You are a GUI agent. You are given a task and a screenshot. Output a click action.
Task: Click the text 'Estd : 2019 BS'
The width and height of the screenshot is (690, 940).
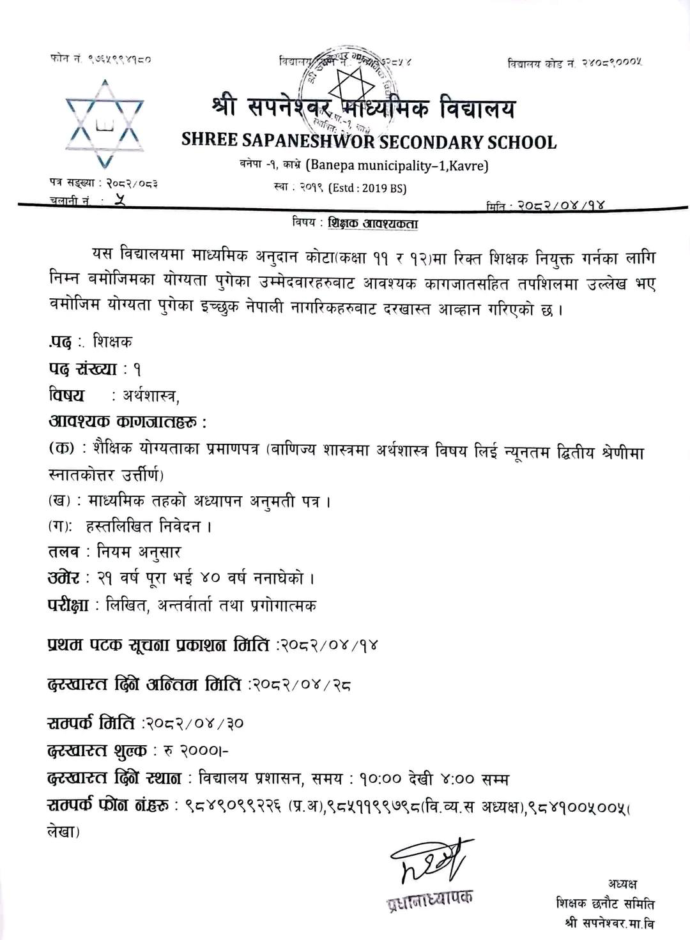pos(367,188)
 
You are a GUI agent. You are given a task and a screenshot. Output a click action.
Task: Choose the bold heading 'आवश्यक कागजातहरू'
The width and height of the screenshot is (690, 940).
pos(128,422)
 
